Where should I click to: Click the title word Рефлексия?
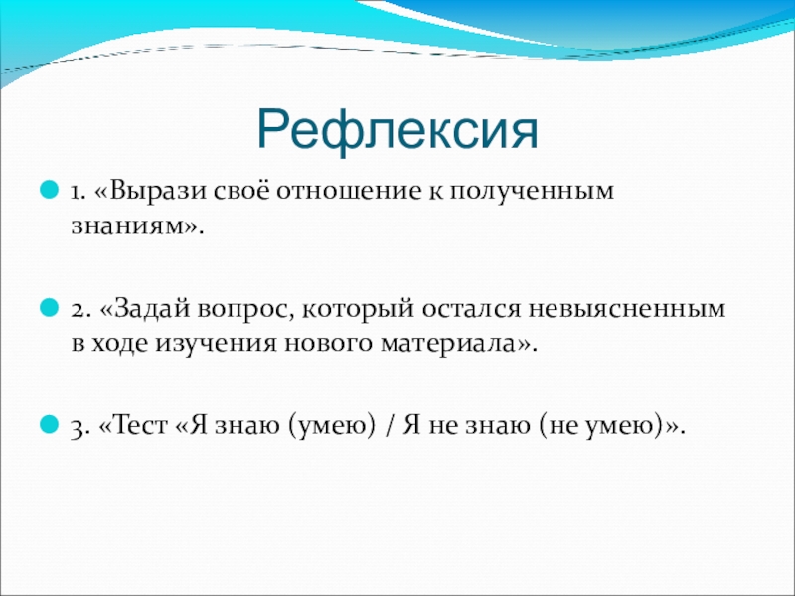coord(397,130)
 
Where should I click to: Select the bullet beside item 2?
coord(49,307)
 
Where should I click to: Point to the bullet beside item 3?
coord(49,424)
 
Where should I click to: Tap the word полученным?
coord(532,192)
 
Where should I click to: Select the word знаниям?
coord(127,226)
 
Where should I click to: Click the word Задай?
coord(153,308)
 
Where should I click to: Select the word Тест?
coord(141,425)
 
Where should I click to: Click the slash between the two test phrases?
coord(390,426)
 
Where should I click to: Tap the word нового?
coord(329,344)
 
